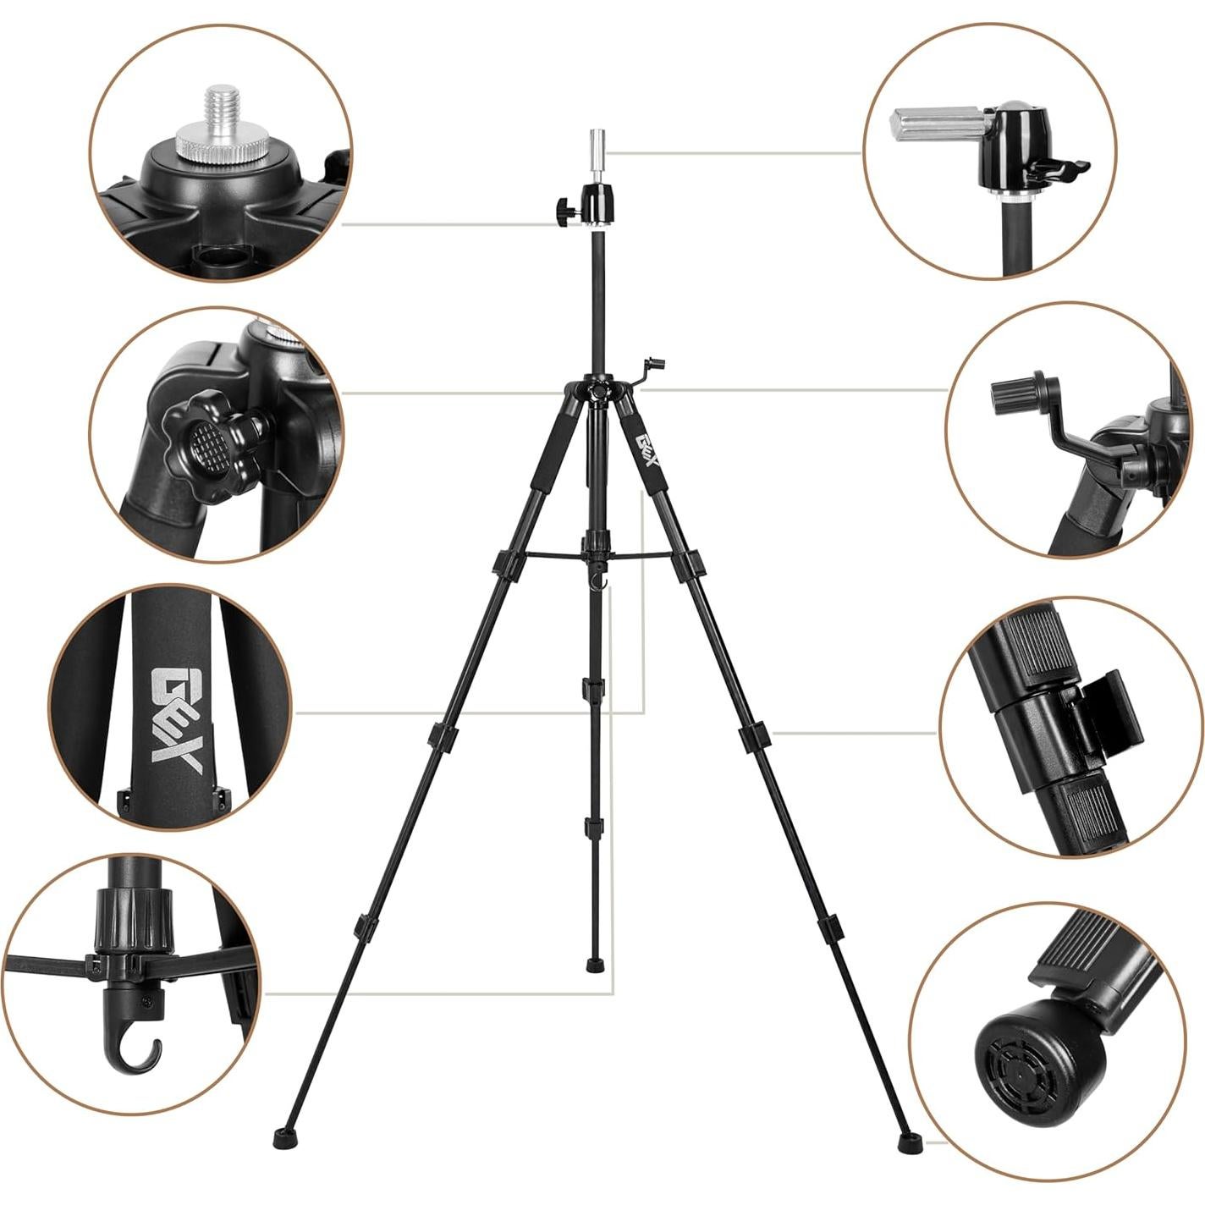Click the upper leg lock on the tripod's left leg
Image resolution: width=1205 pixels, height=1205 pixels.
(507, 562)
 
